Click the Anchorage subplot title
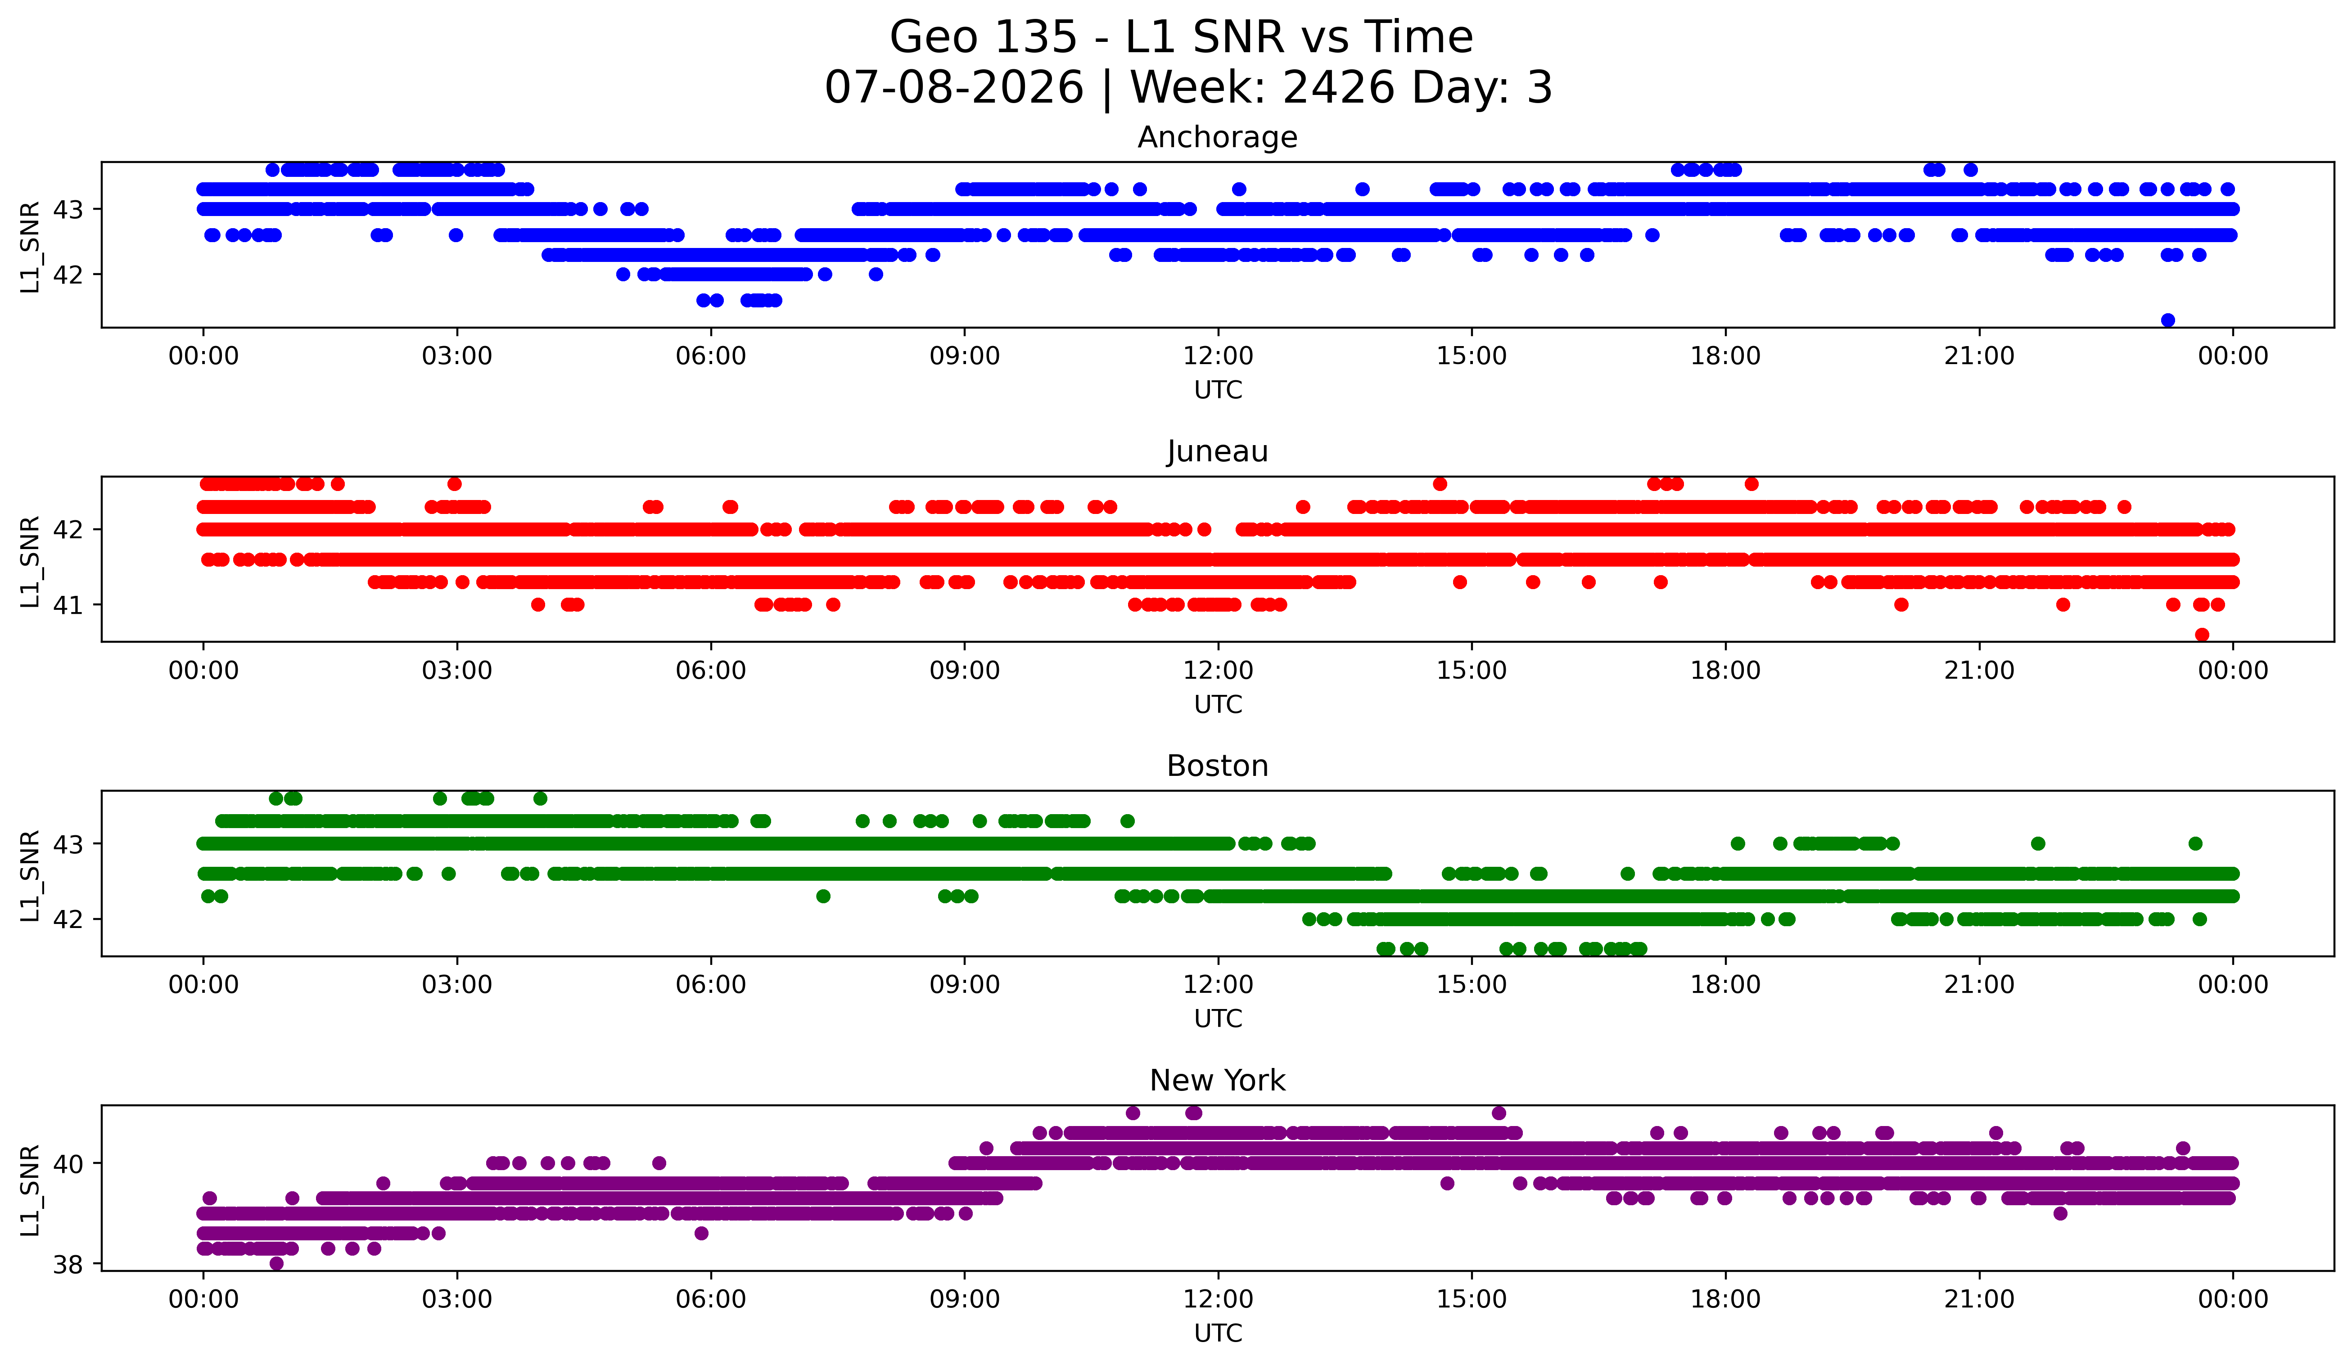click(1217, 137)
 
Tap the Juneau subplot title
click(1217, 451)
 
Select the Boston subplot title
click(1217, 766)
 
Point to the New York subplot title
click(1217, 1081)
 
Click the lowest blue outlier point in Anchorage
click(2168, 320)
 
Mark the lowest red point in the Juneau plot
click(2202, 635)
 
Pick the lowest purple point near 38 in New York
click(276, 1263)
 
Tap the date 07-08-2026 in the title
click(954, 88)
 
